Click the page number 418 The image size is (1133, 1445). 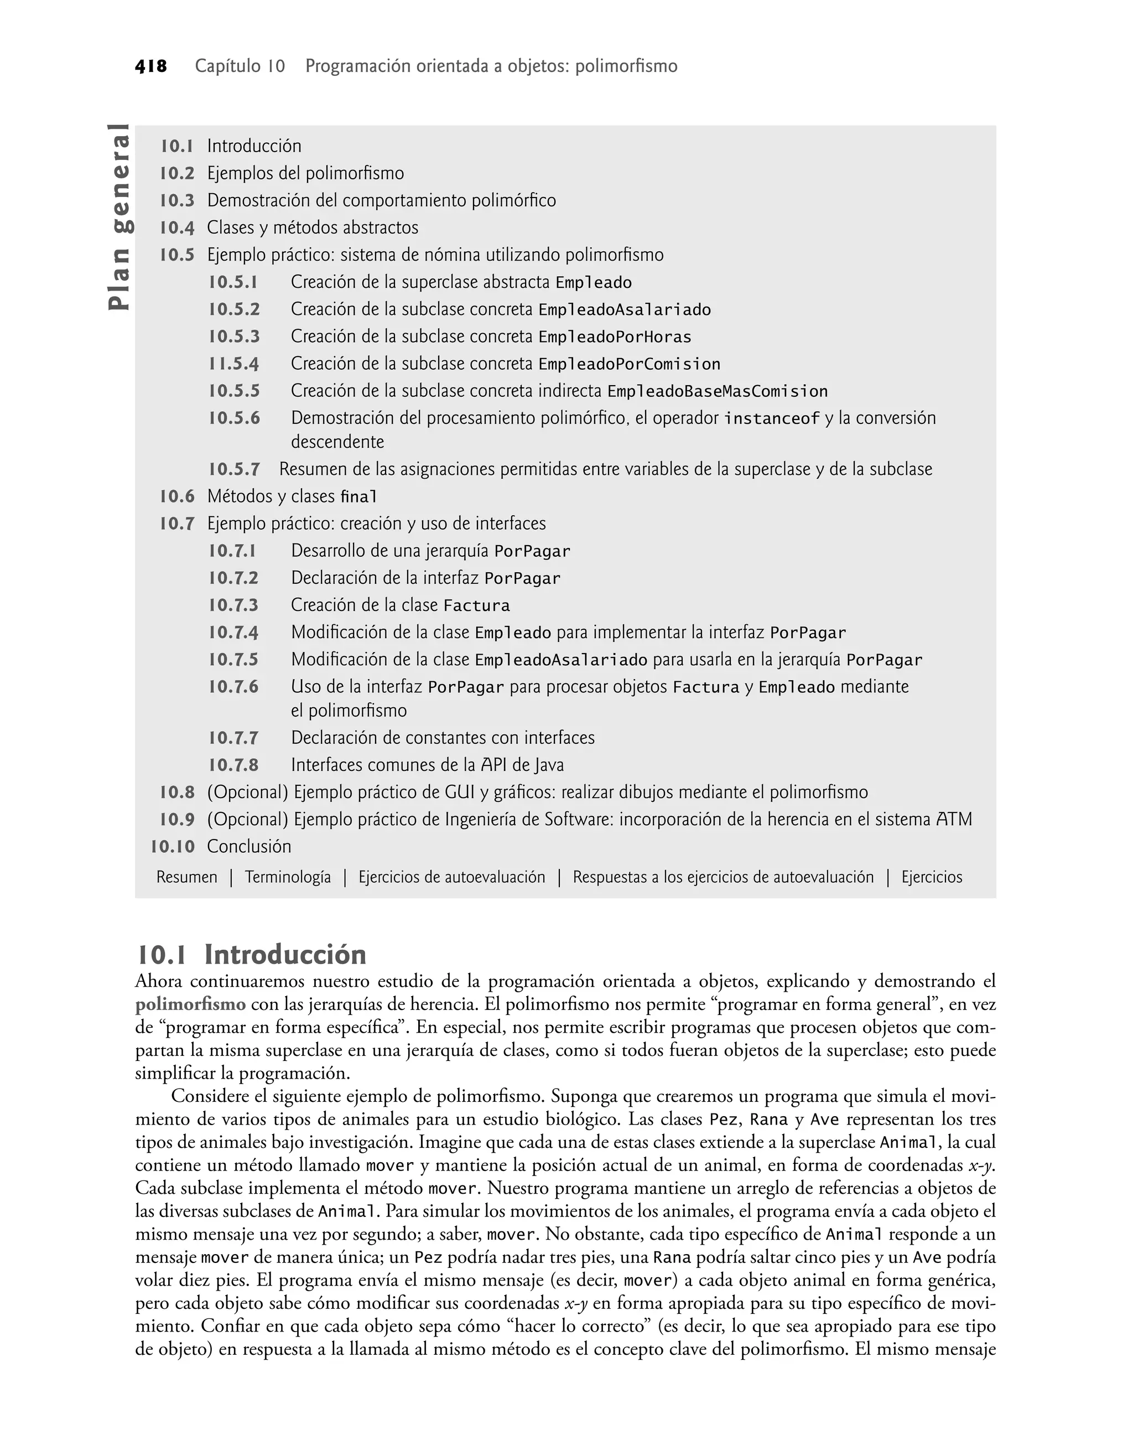pyautogui.click(x=150, y=66)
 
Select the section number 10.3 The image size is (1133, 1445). pyautogui.click(x=177, y=200)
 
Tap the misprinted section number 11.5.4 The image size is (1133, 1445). pyautogui.click(x=233, y=364)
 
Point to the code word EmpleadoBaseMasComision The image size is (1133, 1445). pyautogui.click(x=717, y=391)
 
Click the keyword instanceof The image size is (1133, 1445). pyautogui.click(x=772, y=418)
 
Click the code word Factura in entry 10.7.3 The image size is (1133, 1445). pyautogui.click(x=476, y=606)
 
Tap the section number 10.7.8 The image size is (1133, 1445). pyautogui.click(x=233, y=765)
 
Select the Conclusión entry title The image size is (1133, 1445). pyautogui.click(x=249, y=847)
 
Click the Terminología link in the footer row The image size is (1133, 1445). pyautogui.click(x=288, y=877)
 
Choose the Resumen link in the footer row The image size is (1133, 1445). pyautogui.click(x=186, y=877)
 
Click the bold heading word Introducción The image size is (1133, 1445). pyautogui.click(x=285, y=955)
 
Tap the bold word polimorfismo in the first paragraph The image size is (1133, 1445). pyautogui.click(x=190, y=1004)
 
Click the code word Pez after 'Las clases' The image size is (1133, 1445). pyautogui.click(x=723, y=1120)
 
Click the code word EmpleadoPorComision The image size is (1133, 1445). pyautogui.click(x=629, y=364)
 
